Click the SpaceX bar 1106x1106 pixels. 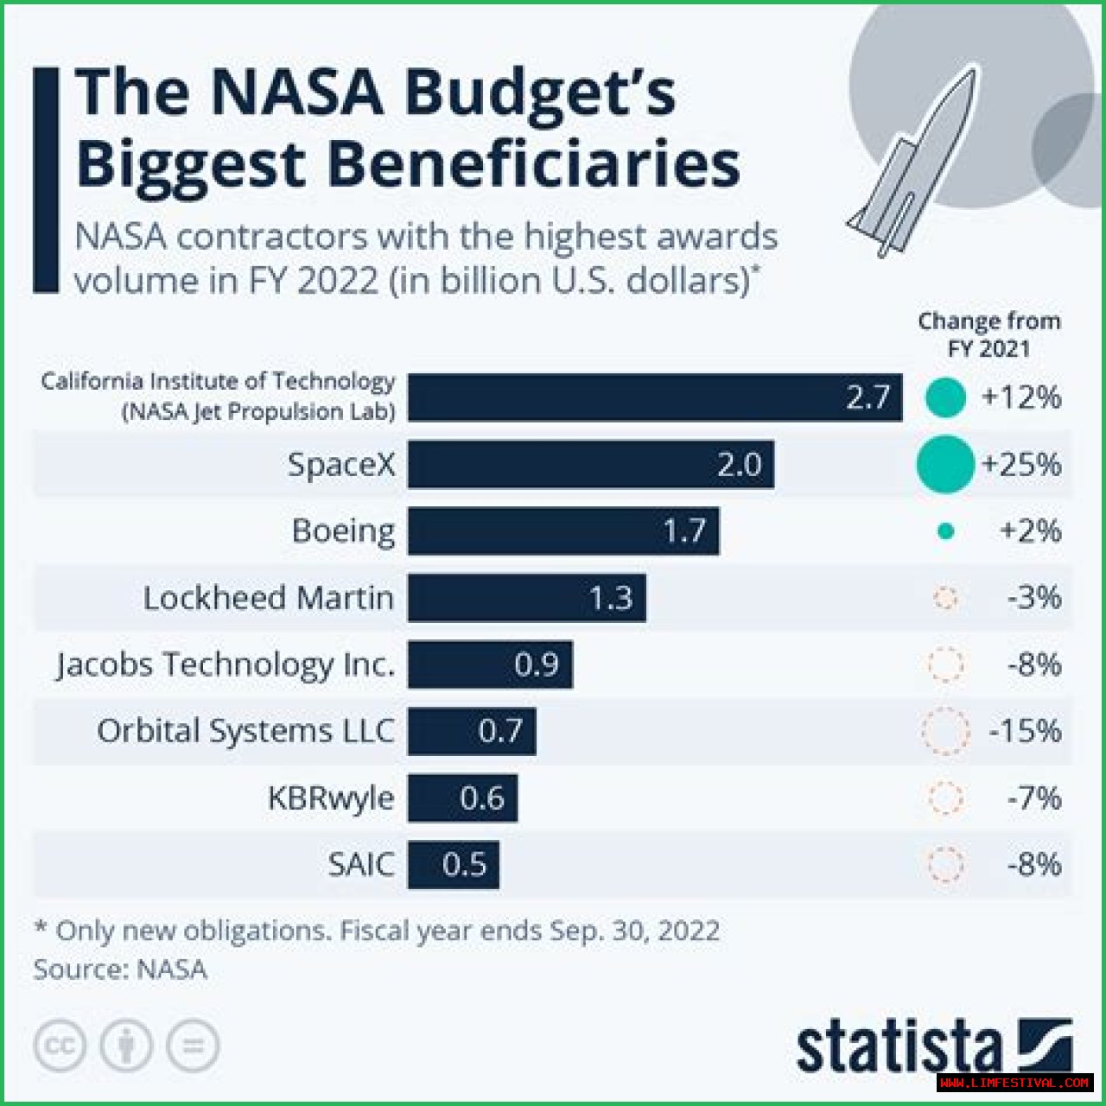click(590, 465)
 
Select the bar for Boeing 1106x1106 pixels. click(563, 531)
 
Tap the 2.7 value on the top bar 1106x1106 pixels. click(868, 397)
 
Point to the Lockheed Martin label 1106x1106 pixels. click(268, 598)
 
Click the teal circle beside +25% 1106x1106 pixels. click(945, 465)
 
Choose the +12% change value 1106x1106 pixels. click(1020, 397)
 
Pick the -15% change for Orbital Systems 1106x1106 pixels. click(1025, 731)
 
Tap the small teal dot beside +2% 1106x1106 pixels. click(946, 531)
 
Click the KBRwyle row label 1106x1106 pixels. click(331, 798)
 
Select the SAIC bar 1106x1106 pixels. click(454, 864)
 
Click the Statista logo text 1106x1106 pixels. click(899, 1047)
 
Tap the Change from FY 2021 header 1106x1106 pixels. click(988, 334)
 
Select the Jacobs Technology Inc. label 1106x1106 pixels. click(226, 664)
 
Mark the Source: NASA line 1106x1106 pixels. click(120, 969)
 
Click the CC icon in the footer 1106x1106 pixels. click(60, 1046)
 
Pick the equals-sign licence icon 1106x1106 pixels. click(193, 1046)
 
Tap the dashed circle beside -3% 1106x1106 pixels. click(946, 598)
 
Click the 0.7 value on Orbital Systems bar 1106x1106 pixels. click(499, 731)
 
